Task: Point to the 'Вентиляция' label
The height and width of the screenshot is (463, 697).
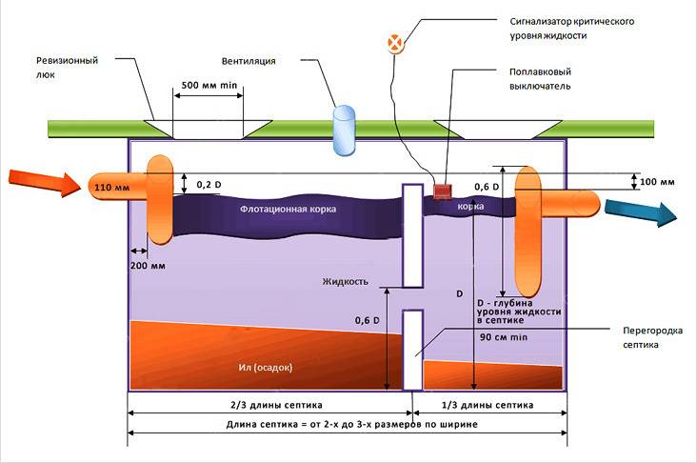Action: click(248, 61)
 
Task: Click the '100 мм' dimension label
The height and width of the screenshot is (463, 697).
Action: click(659, 181)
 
